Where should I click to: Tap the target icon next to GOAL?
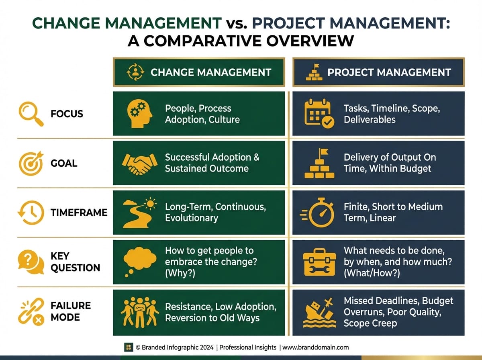tap(30, 163)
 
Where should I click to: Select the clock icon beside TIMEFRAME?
tap(30, 213)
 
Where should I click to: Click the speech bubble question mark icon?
tap(31, 262)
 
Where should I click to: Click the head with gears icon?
tap(139, 114)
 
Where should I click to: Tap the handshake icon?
tap(139, 164)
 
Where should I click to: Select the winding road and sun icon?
tap(139, 213)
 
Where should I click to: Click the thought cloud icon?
tap(139, 262)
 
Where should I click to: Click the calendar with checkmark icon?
tap(318, 114)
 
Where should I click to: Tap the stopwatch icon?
tap(318, 213)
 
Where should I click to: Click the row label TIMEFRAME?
tap(79, 213)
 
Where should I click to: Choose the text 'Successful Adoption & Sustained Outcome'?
tap(212, 163)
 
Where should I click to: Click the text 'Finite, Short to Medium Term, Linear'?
tap(393, 212)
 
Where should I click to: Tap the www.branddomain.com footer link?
tap(315, 347)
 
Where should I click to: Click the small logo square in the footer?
tap(128, 347)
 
